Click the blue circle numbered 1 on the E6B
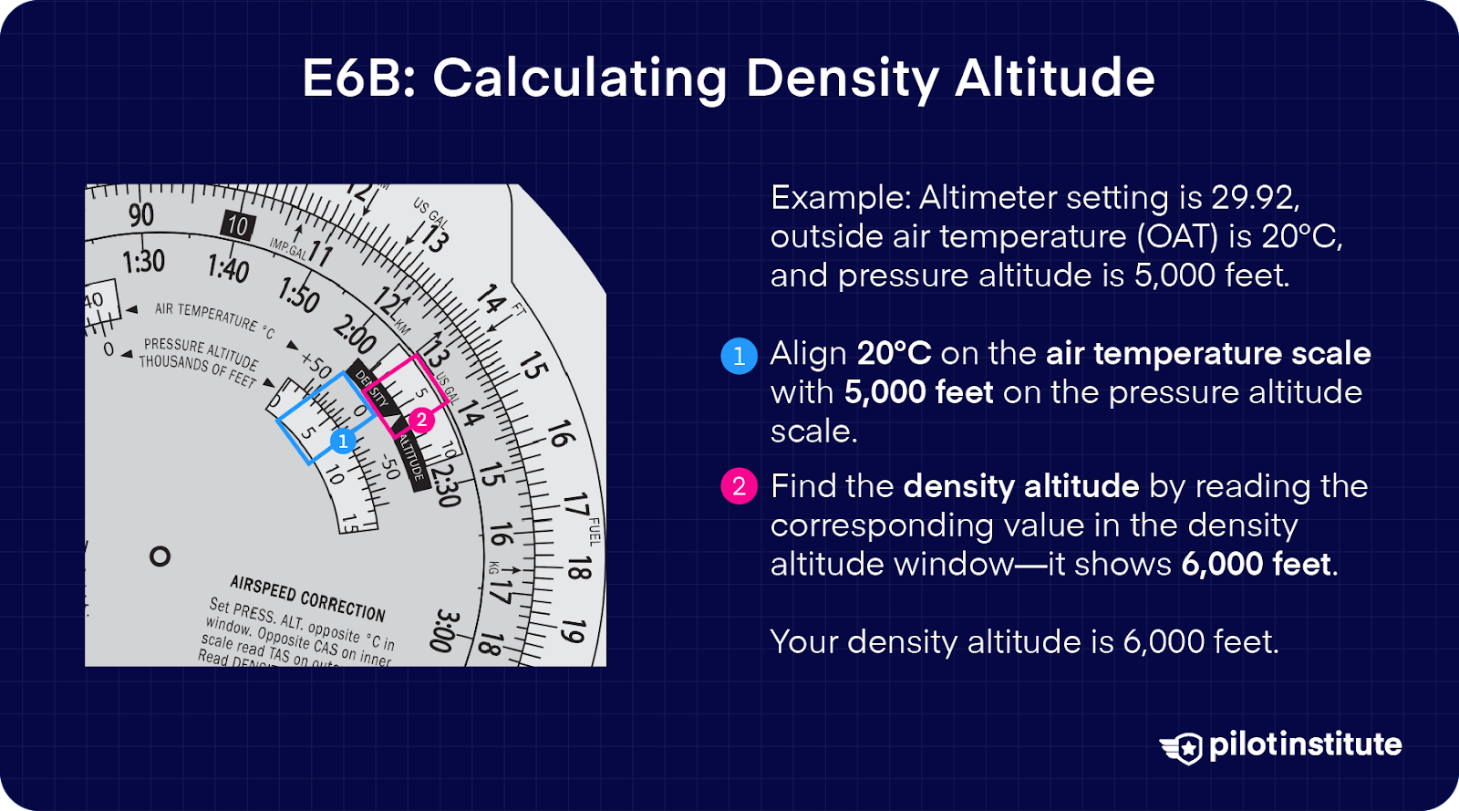(x=343, y=442)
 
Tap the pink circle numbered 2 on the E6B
(x=420, y=420)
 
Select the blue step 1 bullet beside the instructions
(x=740, y=355)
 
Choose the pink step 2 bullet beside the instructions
(x=740, y=486)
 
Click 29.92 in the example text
(x=1255, y=198)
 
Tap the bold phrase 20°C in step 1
(x=894, y=354)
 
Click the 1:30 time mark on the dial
(x=143, y=262)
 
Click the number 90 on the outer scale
(x=141, y=215)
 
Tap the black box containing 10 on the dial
(x=238, y=225)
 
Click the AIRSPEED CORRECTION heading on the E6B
(x=307, y=598)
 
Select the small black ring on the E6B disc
(x=160, y=556)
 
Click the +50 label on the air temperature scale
(x=316, y=365)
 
